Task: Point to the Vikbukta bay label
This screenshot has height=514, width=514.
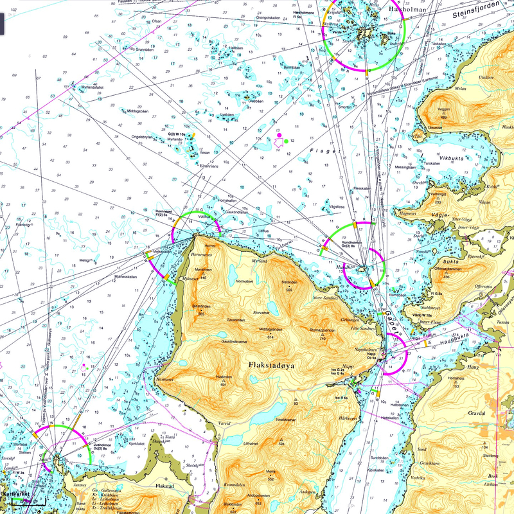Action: (x=438, y=156)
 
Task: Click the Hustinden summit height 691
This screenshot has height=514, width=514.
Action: (x=224, y=384)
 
